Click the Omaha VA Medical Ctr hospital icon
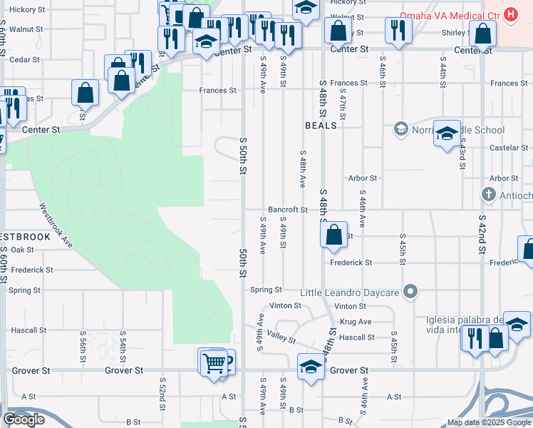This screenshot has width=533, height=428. [510, 14]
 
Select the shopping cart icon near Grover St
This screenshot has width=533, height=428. [213, 363]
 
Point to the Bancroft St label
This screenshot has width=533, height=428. [288, 210]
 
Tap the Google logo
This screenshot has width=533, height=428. [24, 419]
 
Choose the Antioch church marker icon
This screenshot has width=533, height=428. [489, 194]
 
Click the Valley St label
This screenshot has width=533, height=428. [281, 340]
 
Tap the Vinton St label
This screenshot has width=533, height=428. [286, 305]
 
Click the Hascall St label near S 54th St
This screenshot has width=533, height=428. [29, 330]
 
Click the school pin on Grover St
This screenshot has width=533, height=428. [310, 367]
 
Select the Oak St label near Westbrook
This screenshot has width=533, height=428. [22, 250]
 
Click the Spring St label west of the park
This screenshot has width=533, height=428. [24, 290]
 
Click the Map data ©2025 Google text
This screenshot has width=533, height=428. [488, 422]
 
